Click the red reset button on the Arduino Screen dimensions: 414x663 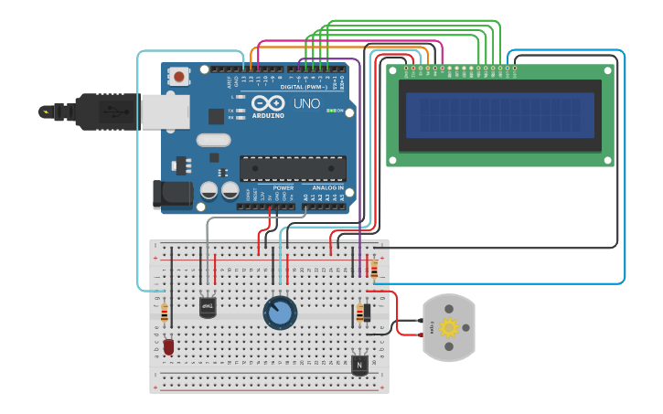point(179,76)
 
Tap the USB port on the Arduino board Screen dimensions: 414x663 point(165,112)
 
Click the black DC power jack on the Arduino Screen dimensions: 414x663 point(171,194)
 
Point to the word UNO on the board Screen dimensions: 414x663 point(308,103)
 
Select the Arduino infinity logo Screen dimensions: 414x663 point(268,102)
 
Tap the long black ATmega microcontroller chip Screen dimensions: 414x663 point(293,168)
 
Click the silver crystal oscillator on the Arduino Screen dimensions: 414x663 point(213,140)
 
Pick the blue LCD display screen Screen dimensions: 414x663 point(500,114)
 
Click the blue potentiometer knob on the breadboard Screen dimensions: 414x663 point(280,313)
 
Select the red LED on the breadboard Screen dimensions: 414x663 point(168,346)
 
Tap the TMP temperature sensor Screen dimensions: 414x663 point(208,307)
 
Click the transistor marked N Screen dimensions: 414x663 point(360,365)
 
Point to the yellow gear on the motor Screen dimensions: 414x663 point(448,328)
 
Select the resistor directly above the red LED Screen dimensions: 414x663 point(165,313)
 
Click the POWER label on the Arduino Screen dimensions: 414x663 point(283,187)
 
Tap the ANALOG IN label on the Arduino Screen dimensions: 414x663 point(328,187)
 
